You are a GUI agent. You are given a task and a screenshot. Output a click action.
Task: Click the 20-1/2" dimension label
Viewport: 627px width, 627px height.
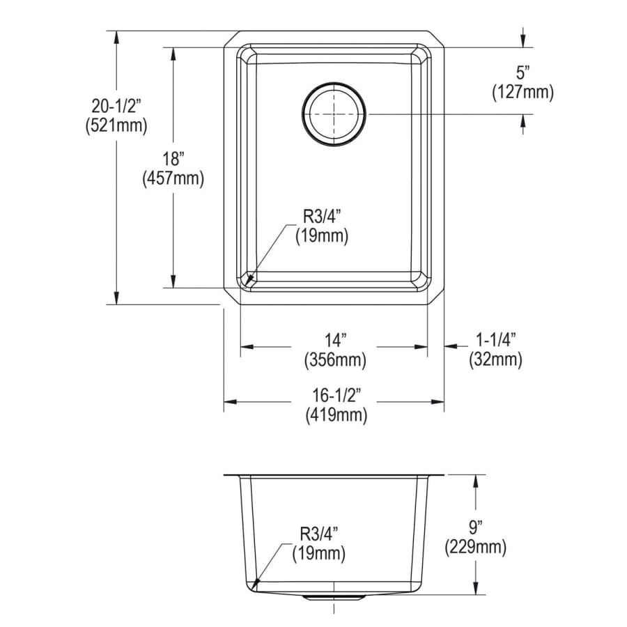pyautogui.click(x=116, y=107)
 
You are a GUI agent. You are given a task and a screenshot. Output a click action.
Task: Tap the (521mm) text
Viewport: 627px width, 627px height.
pyautogui.click(x=116, y=126)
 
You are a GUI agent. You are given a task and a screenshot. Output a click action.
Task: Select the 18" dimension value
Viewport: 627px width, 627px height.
pyautogui.click(x=173, y=159)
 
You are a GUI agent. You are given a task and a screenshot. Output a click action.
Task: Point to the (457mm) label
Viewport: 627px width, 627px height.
pyautogui.click(x=173, y=178)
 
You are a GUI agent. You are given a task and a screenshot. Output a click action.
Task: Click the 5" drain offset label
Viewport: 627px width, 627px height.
pyautogui.click(x=522, y=72)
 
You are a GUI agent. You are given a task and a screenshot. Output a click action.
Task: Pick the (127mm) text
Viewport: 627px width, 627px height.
pyautogui.click(x=523, y=93)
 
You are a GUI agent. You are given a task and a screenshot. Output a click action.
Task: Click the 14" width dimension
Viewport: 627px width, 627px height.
pyautogui.click(x=335, y=340)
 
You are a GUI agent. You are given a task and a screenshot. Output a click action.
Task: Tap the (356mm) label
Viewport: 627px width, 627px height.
pyautogui.click(x=335, y=360)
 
